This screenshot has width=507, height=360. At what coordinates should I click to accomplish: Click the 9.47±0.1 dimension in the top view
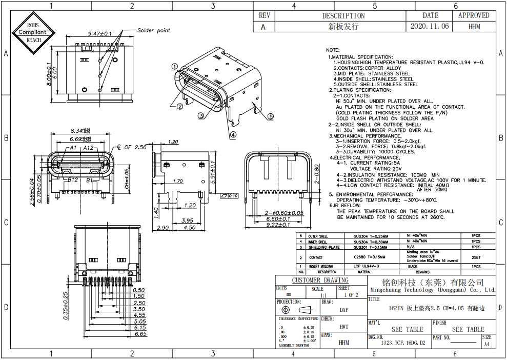click(x=100, y=33)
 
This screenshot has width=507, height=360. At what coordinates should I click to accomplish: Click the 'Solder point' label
click(x=153, y=30)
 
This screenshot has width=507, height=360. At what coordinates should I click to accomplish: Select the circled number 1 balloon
click(x=174, y=66)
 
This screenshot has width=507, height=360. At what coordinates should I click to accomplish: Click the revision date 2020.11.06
click(x=430, y=26)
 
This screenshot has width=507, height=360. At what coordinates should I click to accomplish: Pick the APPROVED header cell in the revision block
click(x=473, y=15)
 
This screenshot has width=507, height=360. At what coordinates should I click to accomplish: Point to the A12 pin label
click(x=89, y=148)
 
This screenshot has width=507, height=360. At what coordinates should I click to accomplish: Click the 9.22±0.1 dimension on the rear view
click(x=279, y=225)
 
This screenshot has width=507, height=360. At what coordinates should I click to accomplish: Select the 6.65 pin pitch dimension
click(x=140, y=334)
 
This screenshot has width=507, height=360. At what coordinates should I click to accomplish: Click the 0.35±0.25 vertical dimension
click(x=65, y=306)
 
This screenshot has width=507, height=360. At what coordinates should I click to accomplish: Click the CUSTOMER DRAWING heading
click(x=320, y=280)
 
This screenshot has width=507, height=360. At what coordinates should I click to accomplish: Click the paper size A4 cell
click(x=486, y=345)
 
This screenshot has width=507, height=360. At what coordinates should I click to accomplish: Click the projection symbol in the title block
click(x=297, y=310)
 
